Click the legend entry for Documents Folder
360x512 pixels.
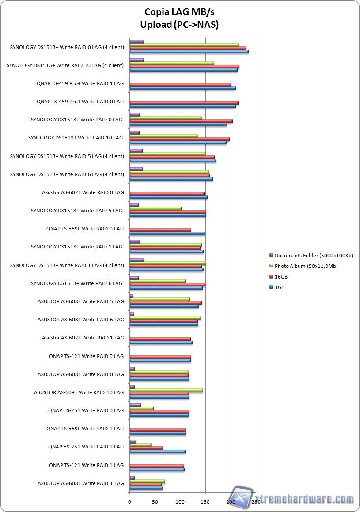click(x=314, y=256)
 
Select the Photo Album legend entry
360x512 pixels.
click(x=306, y=266)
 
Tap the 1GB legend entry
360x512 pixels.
click(x=280, y=287)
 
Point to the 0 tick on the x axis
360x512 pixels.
click(x=129, y=502)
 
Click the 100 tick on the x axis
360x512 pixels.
click(x=180, y=502)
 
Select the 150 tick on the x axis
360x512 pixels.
click(x=205, y=502)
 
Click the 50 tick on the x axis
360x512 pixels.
click(x=155, y=502)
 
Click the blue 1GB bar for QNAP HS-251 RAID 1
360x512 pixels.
click(x=157, y=452)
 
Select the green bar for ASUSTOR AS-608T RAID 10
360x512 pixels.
click(x=166, y=390)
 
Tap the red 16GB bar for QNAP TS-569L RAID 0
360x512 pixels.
click(x=160, y=230)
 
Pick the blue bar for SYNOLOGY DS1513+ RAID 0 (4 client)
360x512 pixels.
click(x=189, y=52)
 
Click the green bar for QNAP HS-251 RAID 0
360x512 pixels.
click(x=141, y=408)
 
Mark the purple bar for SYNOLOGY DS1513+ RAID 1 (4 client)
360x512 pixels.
click(x=136, y=260)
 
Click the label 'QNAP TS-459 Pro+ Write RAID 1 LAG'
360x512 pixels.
click(x=80, y=83)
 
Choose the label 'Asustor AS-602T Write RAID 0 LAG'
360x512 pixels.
click(x=83, y=192)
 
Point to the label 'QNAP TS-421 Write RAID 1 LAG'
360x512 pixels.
click(x=87, y=465)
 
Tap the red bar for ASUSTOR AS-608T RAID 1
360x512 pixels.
click(x=145, y=485)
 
